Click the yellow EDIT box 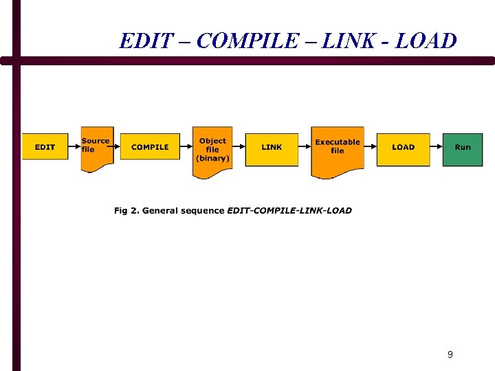click(x=45, y=147)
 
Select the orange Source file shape click(x=96, y=148)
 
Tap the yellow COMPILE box click(x=150, y=147)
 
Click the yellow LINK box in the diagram click(x=272, y=148)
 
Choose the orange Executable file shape click(x=337, y=150)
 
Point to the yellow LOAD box click(x=403, y=147)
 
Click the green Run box click(x=463, y=148)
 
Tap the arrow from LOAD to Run click(x=437, y=146)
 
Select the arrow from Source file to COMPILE click(x=117, y=146)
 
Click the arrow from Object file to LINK click(x=239, y=146)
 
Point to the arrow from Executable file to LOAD click(x=371, y=146)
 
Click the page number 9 click(x=450, y=355)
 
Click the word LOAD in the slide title click(x=426, y=41)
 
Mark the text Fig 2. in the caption click(x=127, y=210)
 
